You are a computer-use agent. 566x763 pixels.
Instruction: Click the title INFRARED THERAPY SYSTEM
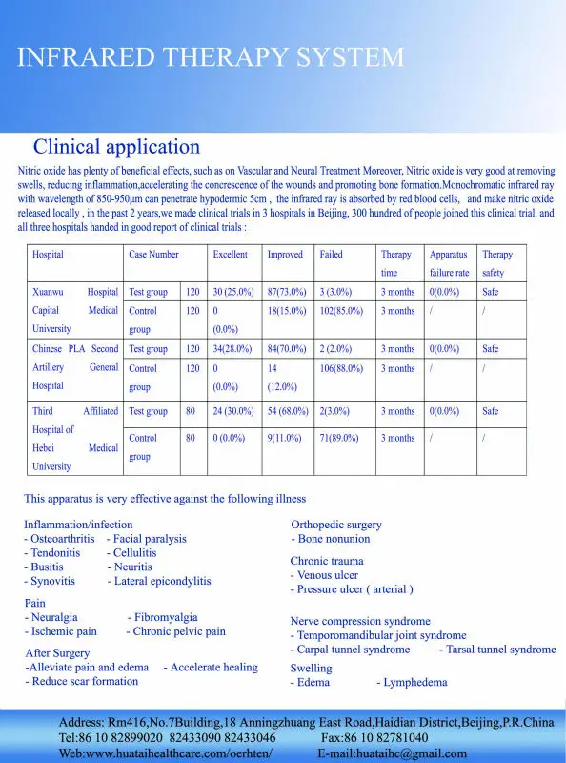click(x=211, y=57)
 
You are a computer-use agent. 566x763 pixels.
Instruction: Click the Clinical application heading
click(x=116, y=147)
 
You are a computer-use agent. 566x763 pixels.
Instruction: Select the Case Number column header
click(x=153, y=255)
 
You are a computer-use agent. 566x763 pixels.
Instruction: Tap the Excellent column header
click(x=230, y=255)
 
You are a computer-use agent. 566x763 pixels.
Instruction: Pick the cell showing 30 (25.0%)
click(x=233, y=292)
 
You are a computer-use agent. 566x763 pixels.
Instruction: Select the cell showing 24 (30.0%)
click(x=233, y=411)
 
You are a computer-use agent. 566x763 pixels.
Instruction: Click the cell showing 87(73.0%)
click(x=286, y=292)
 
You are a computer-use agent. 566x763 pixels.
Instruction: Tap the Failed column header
click(x=331, y=255)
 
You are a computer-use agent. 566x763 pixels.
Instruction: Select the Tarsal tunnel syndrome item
click(x=496, y=650)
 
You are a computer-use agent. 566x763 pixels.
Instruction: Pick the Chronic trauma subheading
click(x=327, y=561)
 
